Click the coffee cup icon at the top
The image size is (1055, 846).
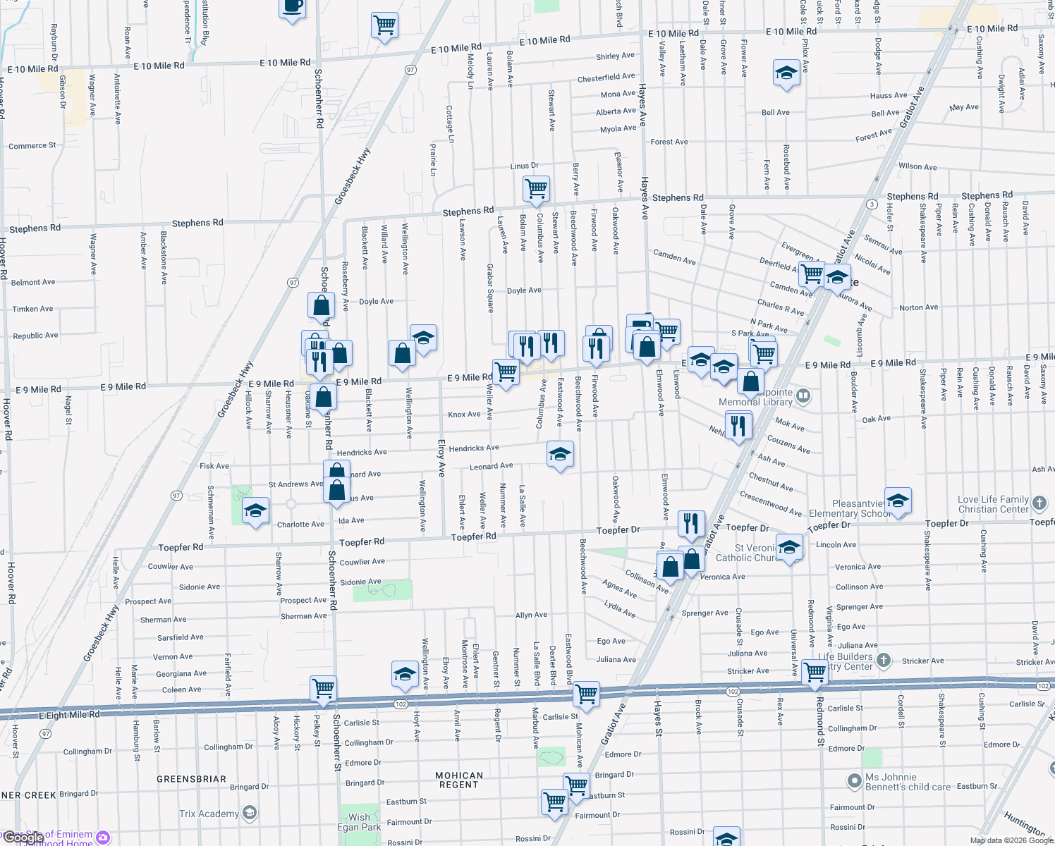[292, 7]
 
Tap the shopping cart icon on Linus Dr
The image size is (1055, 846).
[537, 189]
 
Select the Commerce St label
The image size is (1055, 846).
[32, 146]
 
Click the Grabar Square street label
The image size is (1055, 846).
[490, 288]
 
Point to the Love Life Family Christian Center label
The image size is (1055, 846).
[993, 504]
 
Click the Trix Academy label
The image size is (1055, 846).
[209, 814]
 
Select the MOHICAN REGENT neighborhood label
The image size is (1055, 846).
[459, 780]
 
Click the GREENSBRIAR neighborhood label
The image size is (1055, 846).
[191, 779]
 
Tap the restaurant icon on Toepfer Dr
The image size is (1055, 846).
[691, 523]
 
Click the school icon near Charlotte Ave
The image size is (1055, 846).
[255, 511]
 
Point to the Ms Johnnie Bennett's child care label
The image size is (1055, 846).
[908, 782]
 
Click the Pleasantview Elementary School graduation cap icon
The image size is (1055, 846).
[898, 501]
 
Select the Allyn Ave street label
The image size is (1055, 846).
[531, 615]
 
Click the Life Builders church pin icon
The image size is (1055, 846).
[884, 661]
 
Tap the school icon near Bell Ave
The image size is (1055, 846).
[786, 73]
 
